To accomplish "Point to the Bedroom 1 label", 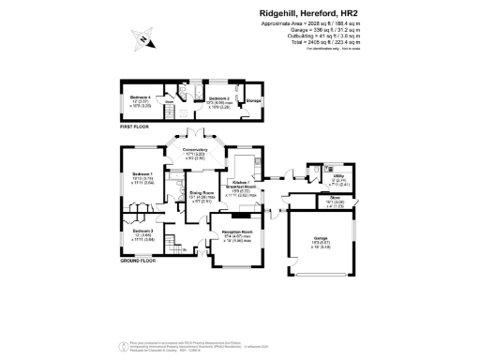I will tap(142, 174).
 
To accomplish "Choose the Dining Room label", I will tap(196, 194).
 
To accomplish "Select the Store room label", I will tap(335, 199).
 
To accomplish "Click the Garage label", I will tap(321, 239).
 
